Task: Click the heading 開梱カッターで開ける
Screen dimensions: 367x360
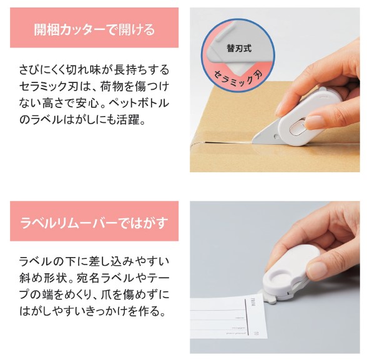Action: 94,29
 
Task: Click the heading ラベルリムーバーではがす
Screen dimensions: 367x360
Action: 94,223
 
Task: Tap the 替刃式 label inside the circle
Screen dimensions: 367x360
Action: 238,48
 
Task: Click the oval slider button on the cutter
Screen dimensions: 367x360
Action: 298,127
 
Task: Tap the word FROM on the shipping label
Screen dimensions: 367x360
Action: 253,302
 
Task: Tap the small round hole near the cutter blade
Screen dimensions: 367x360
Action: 276,136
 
